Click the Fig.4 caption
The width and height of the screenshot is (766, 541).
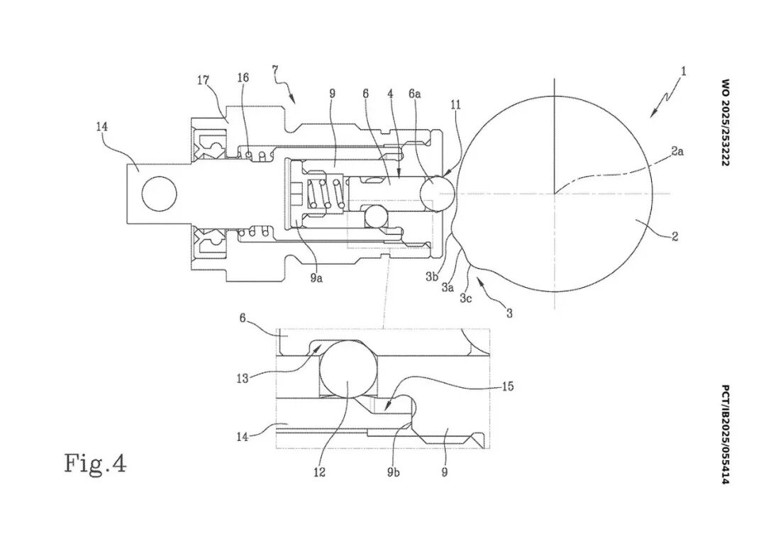click(95, 463)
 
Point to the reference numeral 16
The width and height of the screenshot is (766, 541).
click(243, 77)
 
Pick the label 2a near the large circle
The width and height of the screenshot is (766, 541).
click(677, 152)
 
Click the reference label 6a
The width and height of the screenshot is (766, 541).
click(414, 94)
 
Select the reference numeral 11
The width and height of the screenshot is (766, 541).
click(456, 104)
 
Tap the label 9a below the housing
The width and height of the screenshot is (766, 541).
click(316, 279)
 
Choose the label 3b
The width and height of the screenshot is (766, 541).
click(431, 277)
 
